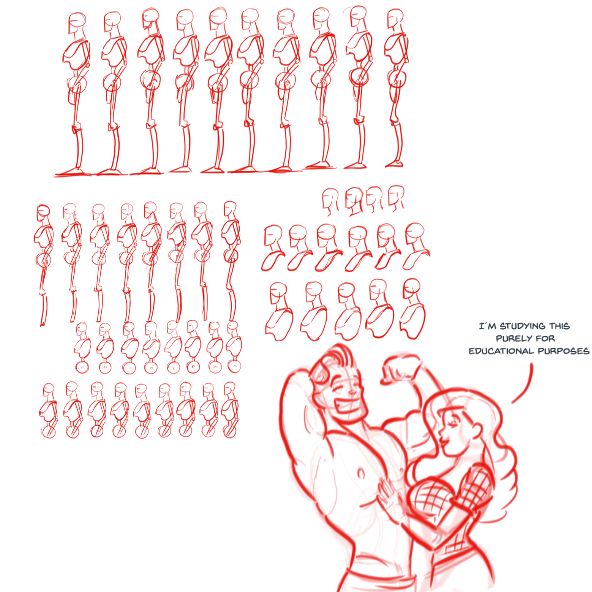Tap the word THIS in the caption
[559, 326]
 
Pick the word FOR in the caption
[546, 339]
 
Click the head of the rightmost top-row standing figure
[395, 19]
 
